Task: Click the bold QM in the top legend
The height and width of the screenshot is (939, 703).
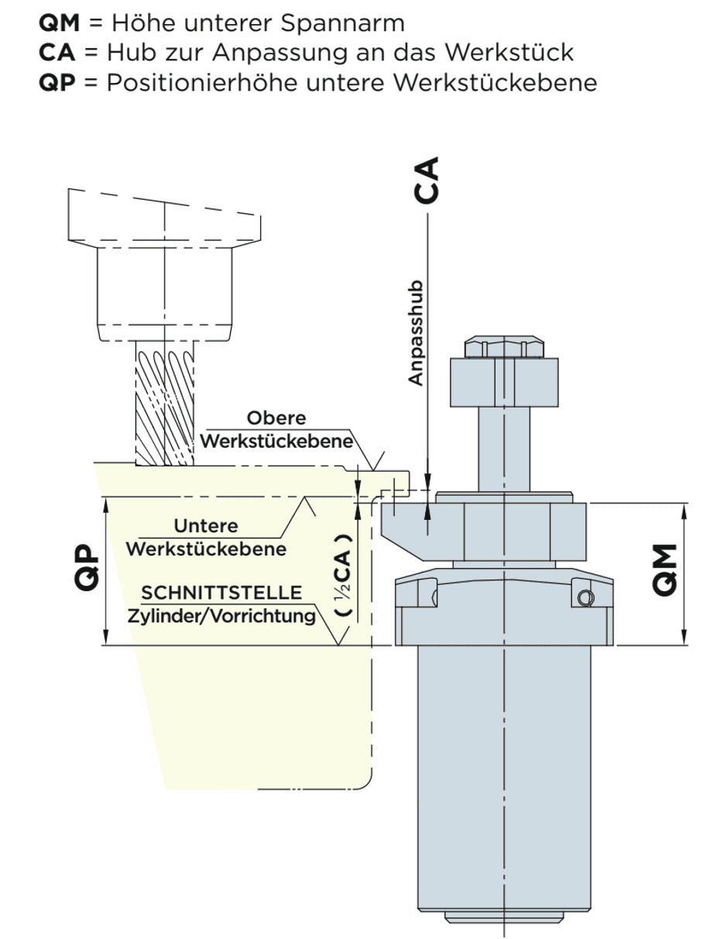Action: click(x=59, y=23)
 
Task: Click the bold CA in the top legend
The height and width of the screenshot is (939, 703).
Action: click(x=57, y=53)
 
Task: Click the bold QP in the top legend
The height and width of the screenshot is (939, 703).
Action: click(x=57, y=82)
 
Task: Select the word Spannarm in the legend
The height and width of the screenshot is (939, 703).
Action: click(x=342, y=24)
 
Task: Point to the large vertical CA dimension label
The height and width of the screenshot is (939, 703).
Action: click(x=427, y=180)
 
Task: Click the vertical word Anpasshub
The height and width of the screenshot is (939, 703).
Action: click(x=416, y=333)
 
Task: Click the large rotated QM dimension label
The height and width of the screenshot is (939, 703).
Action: click(x=665, y=569)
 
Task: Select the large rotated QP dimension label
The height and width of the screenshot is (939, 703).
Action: click(x=87, y=567)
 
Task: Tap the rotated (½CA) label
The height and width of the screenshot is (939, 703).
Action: click(x=343, y=576)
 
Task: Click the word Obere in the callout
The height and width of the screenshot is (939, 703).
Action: click(x=276, y=418)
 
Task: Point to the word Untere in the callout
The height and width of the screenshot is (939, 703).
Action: click(x=206, y=526)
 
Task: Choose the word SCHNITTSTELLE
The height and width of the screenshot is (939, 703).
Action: click(x=221, y=593)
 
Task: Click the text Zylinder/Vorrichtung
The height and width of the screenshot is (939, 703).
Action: click(x=221, y=617)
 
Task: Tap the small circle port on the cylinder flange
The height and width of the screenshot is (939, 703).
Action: click(x=585, y=598)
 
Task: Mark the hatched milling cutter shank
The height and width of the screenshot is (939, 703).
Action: click(x=165, y=403)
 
